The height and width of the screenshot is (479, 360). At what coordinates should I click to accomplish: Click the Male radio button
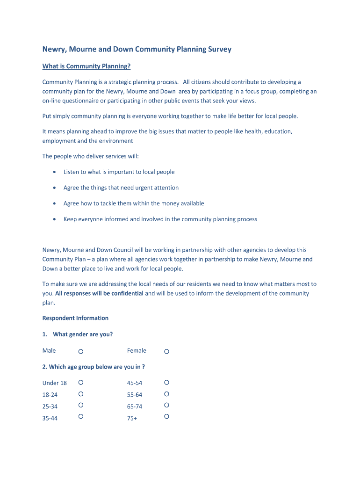[81, 351]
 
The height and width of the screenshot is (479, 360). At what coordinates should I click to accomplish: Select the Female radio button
[166, 351]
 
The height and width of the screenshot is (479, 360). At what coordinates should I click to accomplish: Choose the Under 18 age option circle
[81, 382]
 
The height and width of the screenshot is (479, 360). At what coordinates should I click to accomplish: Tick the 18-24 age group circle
[81, 394]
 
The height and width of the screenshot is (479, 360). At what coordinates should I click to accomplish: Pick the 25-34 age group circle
[81, 405]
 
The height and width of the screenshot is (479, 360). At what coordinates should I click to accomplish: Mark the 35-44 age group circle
[81, 416]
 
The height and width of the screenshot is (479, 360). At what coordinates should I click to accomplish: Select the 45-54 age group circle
[166, 382]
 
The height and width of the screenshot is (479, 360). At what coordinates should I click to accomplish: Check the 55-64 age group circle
[166, 394]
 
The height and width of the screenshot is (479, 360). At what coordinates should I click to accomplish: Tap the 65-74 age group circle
[166, 405]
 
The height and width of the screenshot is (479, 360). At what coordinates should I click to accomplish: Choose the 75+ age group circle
[166, 416]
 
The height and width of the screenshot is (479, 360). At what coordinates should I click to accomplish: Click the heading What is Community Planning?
[86, 66]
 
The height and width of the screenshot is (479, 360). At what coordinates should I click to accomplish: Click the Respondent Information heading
[75, 318]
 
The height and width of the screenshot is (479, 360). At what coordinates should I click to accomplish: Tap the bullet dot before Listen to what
[55, 172]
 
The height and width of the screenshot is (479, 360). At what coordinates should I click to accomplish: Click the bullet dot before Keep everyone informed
[55, 219]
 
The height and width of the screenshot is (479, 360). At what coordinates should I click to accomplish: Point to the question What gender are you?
[83, 334]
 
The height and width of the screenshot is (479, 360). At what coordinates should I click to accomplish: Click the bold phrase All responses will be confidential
[99, 293]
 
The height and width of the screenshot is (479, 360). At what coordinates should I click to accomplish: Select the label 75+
[132, 418]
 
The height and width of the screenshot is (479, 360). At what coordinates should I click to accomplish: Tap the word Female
[137, 350]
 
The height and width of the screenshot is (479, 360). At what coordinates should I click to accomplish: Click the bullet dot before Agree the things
[55, 188]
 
